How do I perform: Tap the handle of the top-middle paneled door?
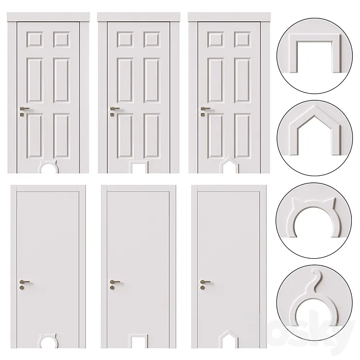pyautogui.click(x=115, y=109)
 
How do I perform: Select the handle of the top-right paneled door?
pyautogui.click(x=206, y=109)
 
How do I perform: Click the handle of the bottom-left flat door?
pyautogui.click(x=24, y=281)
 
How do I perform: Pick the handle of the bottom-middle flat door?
pyautogui.click(x=114, y=281)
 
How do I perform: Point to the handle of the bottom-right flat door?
pyautogui.click(x=205, y=281)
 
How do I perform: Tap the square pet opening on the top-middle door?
pyautogui.click(x=139, y=167)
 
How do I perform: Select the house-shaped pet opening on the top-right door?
pyautogui.click(x=228, y=166)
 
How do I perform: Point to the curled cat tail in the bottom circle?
pyautogui.click(x=314, y=277)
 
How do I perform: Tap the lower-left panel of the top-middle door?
pyautogui.click(x=123, y=136)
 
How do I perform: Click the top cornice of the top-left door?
pyautogui.click(x=48, y=17)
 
